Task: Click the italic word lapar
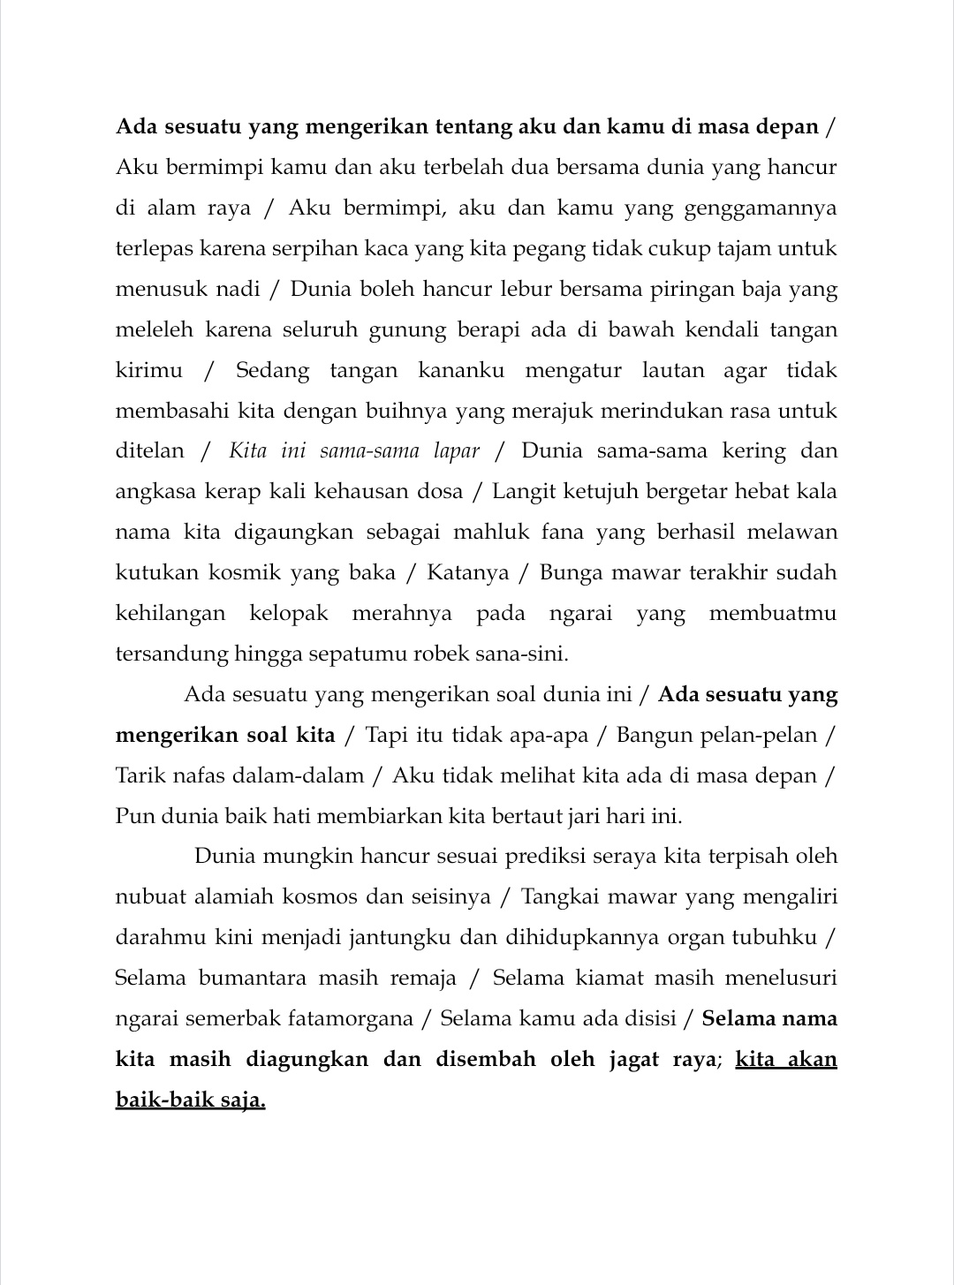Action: (457, 451)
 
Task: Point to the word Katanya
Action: (468, 573)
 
